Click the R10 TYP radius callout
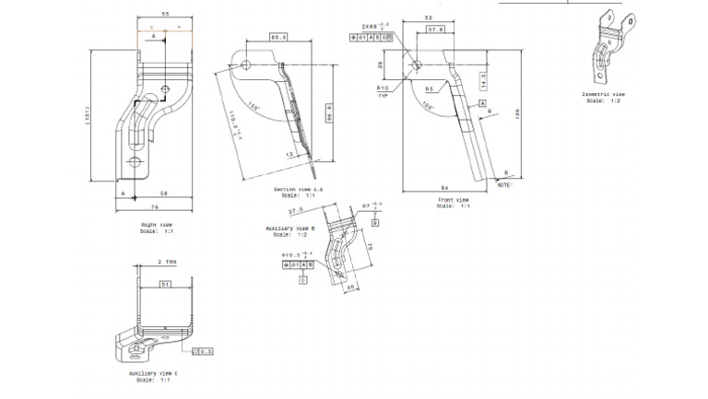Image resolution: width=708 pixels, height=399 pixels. [382, 91]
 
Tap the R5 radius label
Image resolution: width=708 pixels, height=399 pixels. [429, 88]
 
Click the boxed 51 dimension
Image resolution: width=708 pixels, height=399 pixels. [165, 285]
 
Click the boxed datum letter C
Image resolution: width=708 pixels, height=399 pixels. [303, 278]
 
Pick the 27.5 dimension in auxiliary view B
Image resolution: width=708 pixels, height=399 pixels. [297, 211]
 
